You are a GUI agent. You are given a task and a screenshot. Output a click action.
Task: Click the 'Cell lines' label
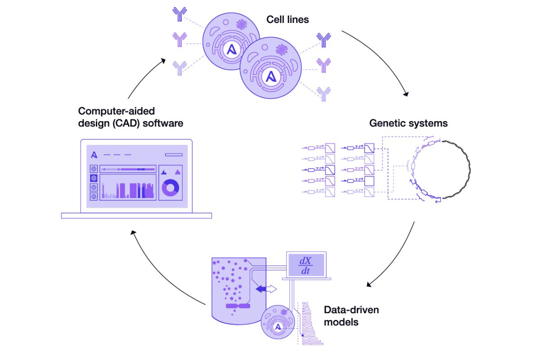[288, 19]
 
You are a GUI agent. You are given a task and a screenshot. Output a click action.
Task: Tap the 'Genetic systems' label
[408, 123]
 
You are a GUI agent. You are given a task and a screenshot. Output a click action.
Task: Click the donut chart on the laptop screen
[171, 188]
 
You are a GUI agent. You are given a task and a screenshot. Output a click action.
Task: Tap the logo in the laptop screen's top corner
[94, 155]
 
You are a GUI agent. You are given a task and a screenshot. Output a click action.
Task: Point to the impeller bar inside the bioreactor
[238, 306]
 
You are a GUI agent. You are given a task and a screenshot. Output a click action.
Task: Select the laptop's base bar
[136, 216]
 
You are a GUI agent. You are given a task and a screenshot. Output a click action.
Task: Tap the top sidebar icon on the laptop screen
[94, 169]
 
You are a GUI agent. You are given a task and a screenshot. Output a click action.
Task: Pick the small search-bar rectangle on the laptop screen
[174, 155]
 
